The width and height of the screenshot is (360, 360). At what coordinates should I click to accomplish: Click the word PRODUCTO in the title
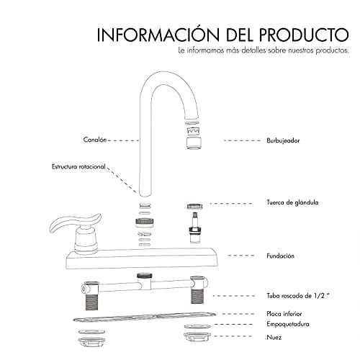304,35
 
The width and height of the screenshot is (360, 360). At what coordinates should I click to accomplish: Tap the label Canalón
95,140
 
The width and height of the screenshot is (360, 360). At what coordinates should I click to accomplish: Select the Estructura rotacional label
78,166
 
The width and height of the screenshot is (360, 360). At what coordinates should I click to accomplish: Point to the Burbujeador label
283,140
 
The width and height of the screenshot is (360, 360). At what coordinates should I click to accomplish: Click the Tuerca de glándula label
292,202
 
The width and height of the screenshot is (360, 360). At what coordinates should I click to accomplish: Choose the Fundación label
280,256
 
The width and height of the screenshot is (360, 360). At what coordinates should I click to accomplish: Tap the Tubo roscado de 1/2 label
297,296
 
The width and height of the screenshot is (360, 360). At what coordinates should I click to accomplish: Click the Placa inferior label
284,314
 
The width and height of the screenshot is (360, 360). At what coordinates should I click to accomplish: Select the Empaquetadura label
288,324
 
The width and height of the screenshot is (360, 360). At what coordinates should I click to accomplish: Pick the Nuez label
274,337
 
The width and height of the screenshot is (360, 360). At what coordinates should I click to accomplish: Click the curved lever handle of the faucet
73,222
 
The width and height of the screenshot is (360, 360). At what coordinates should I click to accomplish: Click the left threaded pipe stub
92,301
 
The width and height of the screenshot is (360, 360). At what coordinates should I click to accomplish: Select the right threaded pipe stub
197,295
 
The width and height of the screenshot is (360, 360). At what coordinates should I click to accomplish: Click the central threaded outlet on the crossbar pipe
144,276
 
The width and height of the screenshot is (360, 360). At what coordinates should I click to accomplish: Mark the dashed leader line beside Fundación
241,256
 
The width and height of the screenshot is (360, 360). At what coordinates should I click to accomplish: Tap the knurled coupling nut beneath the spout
145,222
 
